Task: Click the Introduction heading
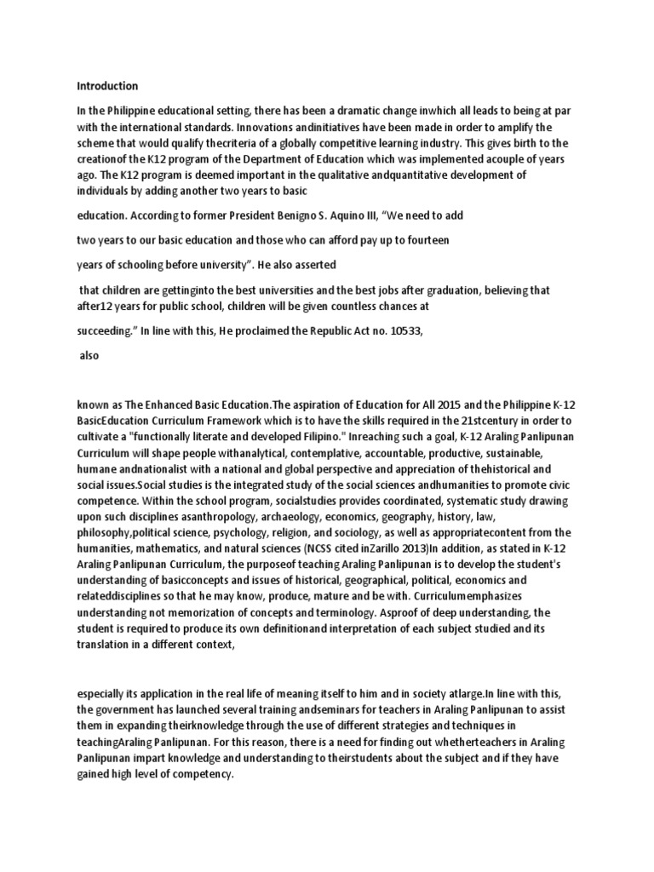click(107, 86)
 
